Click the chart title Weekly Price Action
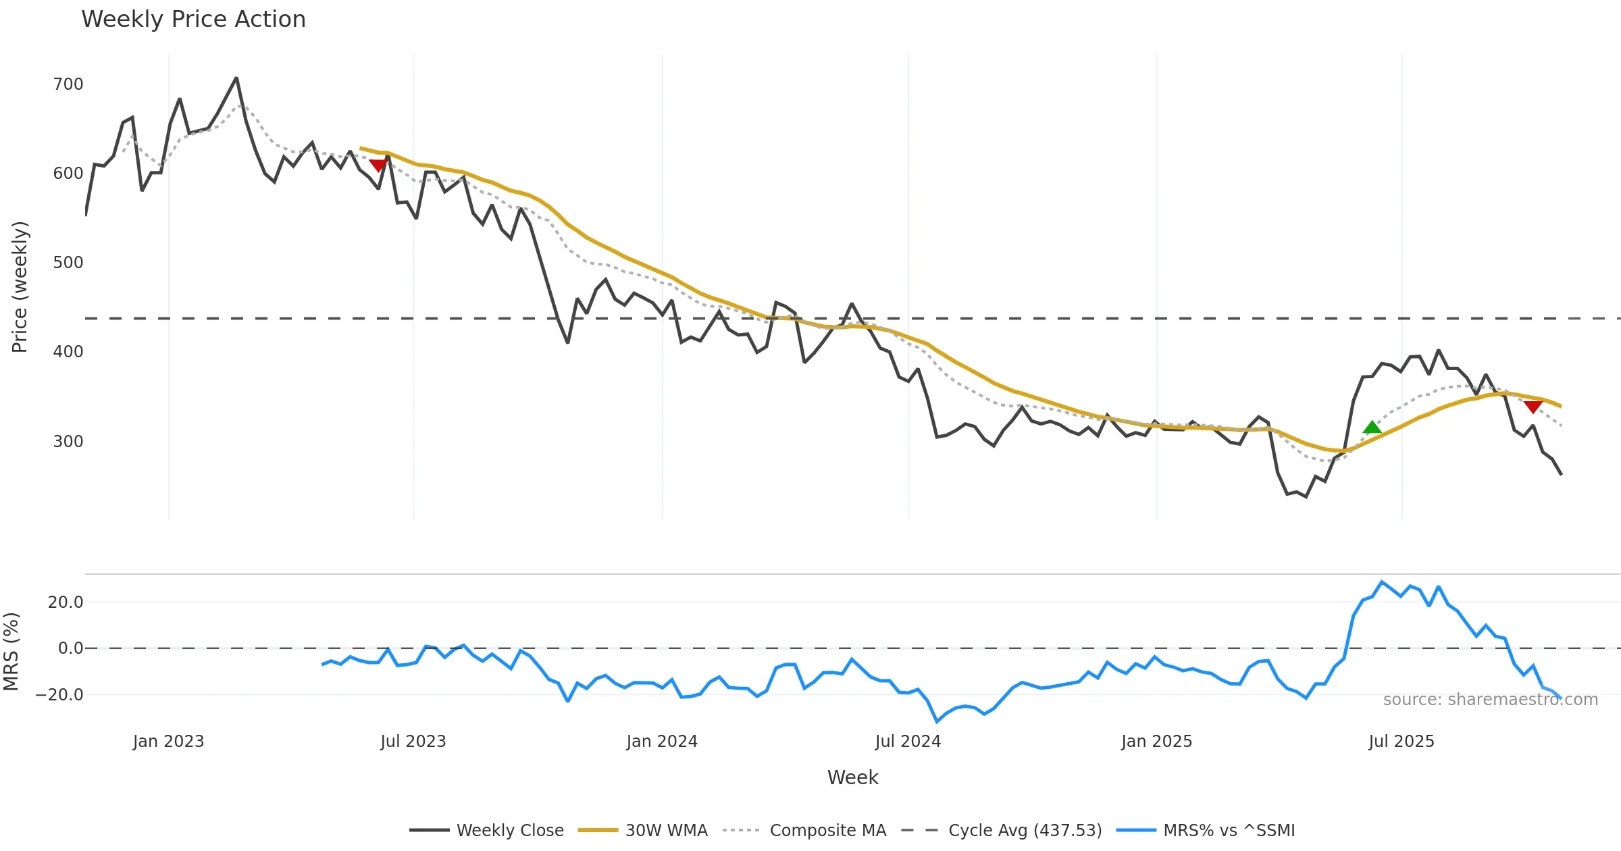point(193,20)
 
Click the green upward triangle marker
point(1372,427)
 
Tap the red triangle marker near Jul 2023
point(378,165)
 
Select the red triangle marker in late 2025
point(1533,407)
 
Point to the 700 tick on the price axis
point(68,84)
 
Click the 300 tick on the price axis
point(68,442)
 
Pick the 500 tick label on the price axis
point(68,263)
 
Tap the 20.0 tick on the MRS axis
point(66,602)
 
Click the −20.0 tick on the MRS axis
point(60,695)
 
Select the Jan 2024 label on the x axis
point(661,742)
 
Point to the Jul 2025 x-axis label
point(1401,742)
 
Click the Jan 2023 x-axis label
point(168,742)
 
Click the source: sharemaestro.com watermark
point(1490,700)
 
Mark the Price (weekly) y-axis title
point(20,287)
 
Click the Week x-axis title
point(852,778)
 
